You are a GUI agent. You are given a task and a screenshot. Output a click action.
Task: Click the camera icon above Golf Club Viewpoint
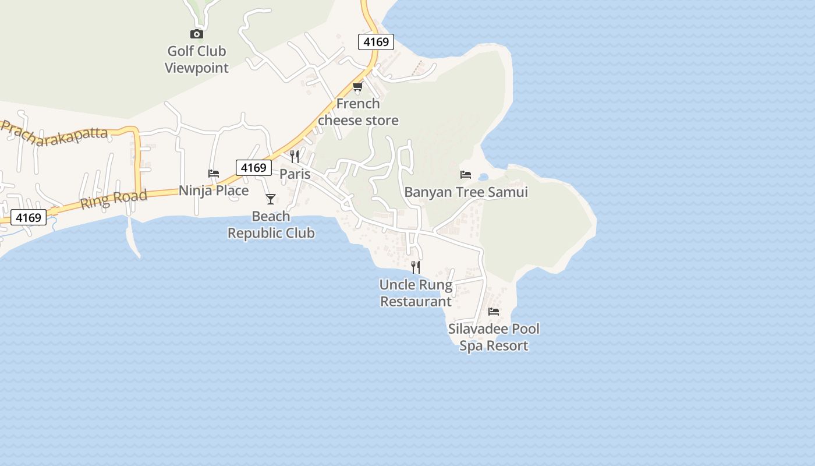coord(197,34)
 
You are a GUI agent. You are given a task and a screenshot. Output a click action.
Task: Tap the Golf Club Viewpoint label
coord(197,59)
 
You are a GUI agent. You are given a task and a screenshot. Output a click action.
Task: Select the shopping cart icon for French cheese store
coord(357,87)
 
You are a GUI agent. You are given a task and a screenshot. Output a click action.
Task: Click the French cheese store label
coord(358,112)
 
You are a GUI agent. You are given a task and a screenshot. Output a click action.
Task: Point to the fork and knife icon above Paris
coord(295,157)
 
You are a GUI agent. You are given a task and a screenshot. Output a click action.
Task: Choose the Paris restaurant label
coord(295,174)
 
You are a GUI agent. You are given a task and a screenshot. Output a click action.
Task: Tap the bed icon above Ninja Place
coord(214,174)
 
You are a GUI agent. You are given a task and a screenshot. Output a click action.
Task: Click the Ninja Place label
coord(214,190)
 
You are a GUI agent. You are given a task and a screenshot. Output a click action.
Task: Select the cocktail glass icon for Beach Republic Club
coord(271,199)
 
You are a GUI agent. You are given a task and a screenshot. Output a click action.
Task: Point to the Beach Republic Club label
coord(271,224)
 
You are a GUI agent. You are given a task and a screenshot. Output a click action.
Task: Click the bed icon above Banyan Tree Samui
coord(466,174)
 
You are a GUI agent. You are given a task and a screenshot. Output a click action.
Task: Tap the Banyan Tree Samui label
coord(466,192)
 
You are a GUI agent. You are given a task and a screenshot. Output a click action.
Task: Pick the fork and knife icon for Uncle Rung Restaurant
coord(416,267)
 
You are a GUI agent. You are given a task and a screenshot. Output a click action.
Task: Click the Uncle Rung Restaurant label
coord(416,293)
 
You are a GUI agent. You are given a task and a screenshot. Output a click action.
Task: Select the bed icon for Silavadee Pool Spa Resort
coord(494,312)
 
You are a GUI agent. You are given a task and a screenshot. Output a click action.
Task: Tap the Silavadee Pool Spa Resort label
coord(494,337)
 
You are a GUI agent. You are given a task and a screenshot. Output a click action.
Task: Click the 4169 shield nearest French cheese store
coord(375,42)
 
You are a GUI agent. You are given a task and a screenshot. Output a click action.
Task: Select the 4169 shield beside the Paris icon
coord(254,168)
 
